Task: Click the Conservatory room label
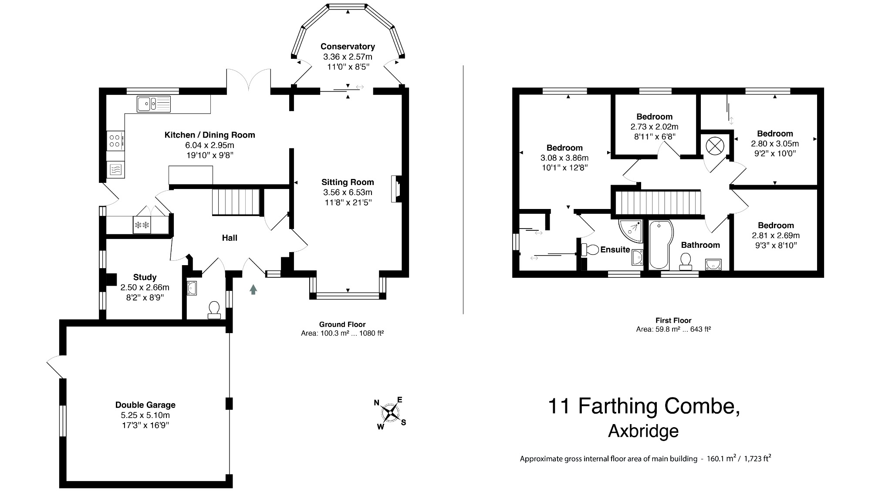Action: pos(347,47)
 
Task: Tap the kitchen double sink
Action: pos(153,104)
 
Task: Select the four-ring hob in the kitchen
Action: pos(115,140)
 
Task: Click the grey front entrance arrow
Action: pos(253,290)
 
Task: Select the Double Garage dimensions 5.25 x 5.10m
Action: pos(145,415)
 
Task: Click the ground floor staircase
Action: pos(236,202)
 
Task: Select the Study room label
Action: pos(145,277)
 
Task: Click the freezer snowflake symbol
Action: pos(142,225)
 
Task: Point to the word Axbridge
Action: pos(643,431)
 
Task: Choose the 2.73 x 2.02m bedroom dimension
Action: pos(654,127)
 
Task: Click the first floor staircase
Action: pos(658,202)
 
